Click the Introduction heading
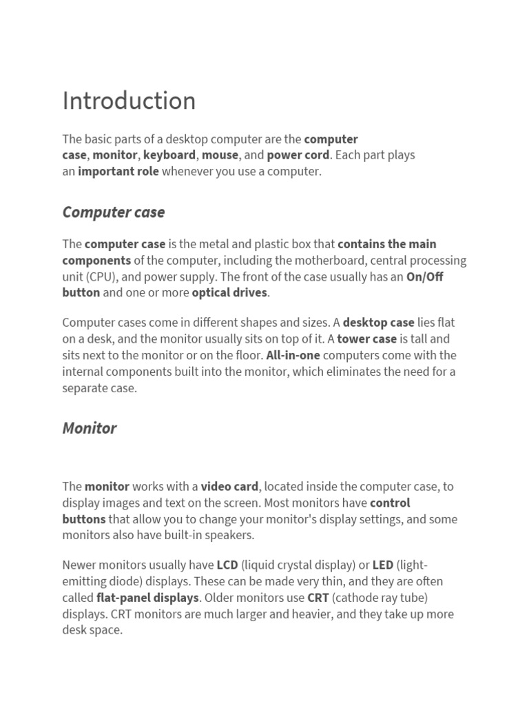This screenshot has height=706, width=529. [x=129, y=101]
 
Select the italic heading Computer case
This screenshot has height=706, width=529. [x=113, y=212]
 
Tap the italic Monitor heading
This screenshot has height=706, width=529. [x=89, y=428]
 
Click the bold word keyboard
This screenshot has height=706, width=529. [x=169, y=155]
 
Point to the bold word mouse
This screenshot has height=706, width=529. [x=220, y=155]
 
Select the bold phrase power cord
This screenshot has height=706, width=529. [x=298, y=155]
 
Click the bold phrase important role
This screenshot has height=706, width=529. [x=118, y=172]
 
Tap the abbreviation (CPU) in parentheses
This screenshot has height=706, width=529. [x=102, y=277]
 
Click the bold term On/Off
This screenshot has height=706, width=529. [x=425, y=277]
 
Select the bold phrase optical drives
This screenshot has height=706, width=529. [x=229, y=293]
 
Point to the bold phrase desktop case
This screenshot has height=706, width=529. [x=378, y=323]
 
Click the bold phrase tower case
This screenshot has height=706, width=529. [x=366, y=339]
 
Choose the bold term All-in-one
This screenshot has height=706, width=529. [x=293, y=356]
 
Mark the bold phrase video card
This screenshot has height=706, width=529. [x=229, y=487]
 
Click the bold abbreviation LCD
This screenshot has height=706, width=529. [x=227, y=565]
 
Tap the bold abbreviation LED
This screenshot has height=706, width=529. [x=383, y=565]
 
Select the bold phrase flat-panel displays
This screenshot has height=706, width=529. [x=147, y=598]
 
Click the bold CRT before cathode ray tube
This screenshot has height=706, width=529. [x=318, y=598]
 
